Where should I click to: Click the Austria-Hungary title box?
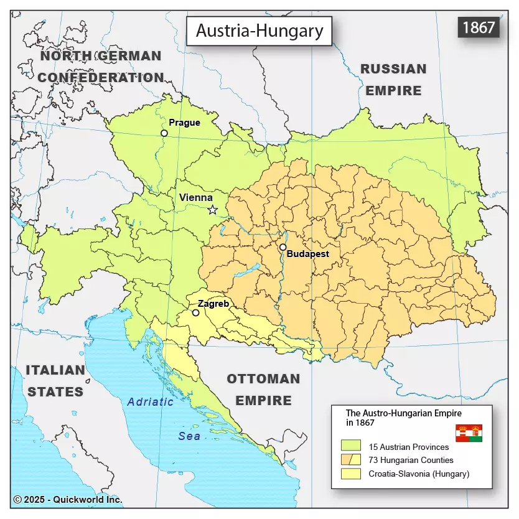pos(259,31)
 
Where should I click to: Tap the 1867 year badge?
pos(479,27)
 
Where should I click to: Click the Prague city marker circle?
pos(164,133)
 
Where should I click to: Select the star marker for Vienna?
pos(212,210)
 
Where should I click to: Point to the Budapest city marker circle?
pos(283,247)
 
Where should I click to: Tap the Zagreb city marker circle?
pos(195,312)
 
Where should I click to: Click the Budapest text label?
pos(307,254)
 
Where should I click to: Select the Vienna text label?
pos(195,197)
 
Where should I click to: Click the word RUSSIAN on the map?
pos(393,69)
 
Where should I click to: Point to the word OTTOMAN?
pos(263,379)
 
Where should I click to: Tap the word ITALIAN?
pos(55,370)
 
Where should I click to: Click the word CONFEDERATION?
pos(101,78)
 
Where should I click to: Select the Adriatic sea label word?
pos(150,402)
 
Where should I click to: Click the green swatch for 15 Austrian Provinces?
pos(351,446)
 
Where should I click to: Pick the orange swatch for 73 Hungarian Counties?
pos(351,460)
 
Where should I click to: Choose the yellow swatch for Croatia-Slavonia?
pos(351,474)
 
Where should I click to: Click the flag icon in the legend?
pos(469,433)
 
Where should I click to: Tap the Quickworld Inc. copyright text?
pos(68,499)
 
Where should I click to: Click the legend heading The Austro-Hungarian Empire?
pos(404,413)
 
